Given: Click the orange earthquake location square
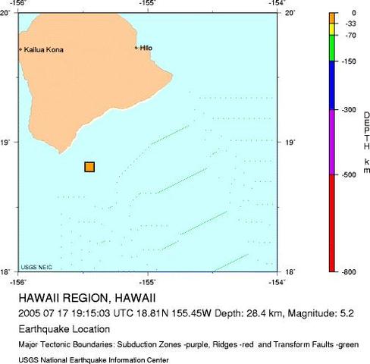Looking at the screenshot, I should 89,167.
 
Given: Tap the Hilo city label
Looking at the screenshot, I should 146,48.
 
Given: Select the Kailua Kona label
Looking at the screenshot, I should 44,50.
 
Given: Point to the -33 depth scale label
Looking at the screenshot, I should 351,24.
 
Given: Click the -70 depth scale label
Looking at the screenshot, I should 351,36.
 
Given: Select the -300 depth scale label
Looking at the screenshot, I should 350,110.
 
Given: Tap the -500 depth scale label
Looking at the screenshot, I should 350,174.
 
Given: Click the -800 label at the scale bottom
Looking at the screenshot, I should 350,271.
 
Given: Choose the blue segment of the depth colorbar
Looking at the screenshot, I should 332,85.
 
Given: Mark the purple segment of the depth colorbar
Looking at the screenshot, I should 332,142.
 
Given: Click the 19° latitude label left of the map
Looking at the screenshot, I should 8,143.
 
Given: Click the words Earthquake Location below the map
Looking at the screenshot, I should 64,329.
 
